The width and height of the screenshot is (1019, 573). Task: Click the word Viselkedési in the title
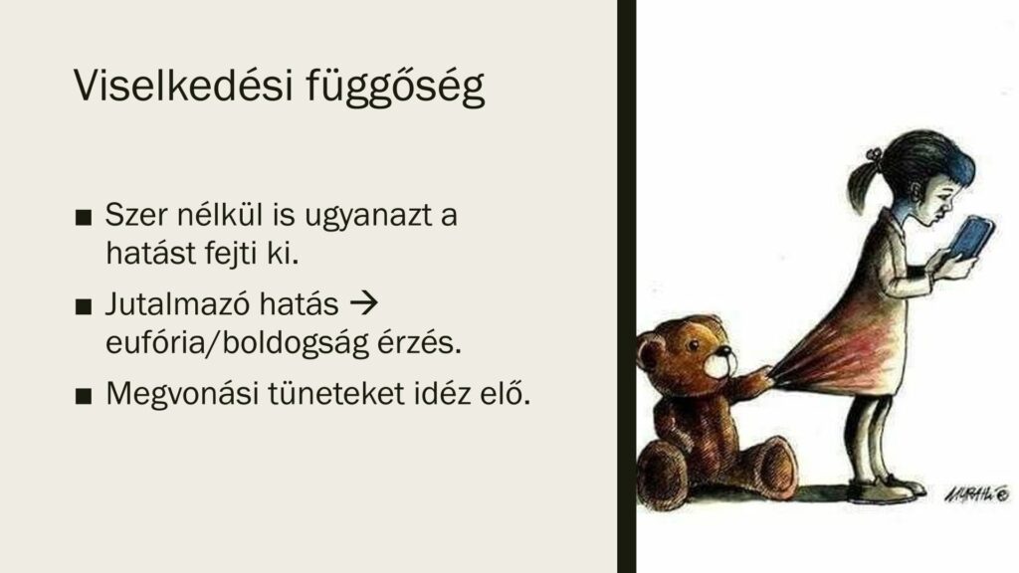[x=183, y=85]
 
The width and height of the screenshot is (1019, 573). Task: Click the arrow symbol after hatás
[x=364, y=303]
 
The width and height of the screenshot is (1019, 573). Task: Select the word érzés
[x=420, y=342]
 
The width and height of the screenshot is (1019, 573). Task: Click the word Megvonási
[x=183, y=394]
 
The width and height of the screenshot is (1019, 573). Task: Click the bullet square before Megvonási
[x=84, y=396]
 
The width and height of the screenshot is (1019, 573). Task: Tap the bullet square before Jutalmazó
[x=84, y=306]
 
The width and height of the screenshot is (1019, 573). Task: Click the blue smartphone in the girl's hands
[x=971, y=238]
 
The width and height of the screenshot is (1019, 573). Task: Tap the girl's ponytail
[x=864, y=184]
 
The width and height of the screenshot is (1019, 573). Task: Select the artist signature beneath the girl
[x=977, y=494]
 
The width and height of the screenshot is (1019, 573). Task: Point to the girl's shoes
[x=885, y=489]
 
